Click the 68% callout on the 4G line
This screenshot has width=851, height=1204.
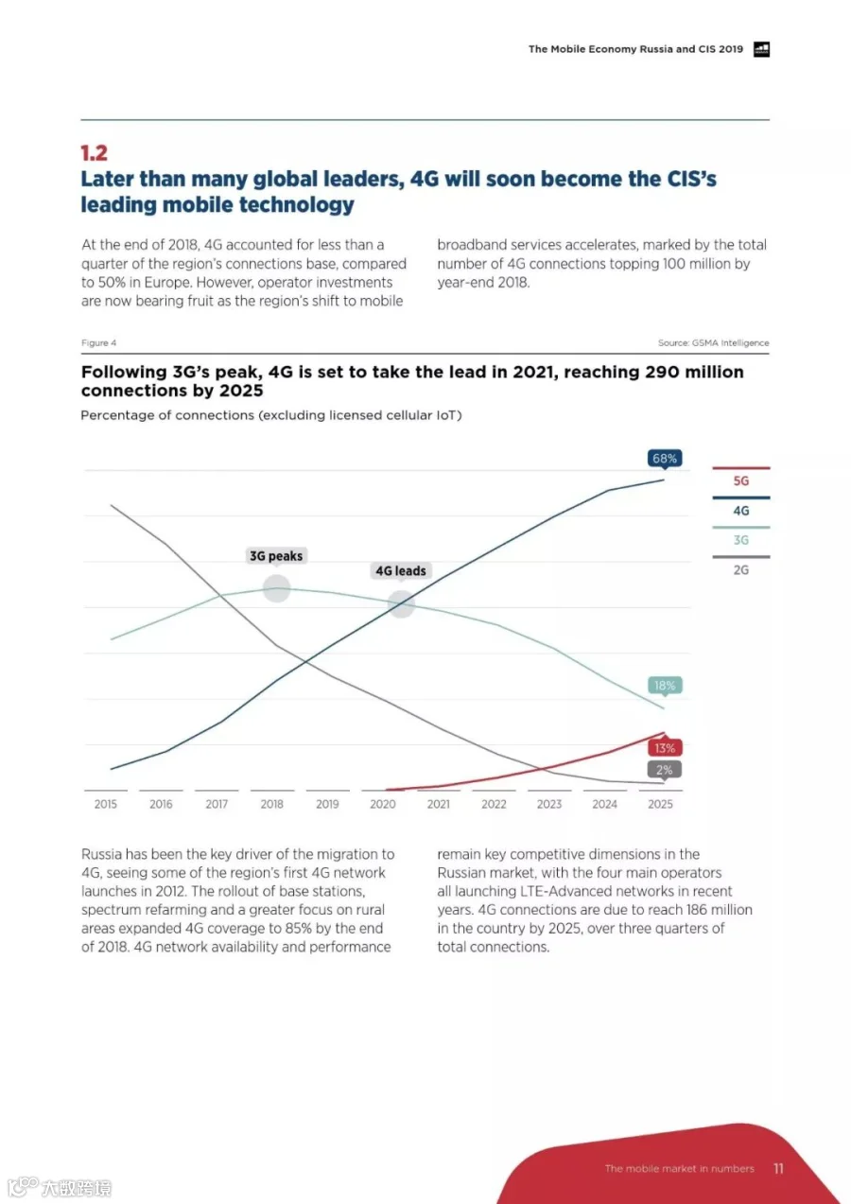pyautogui.click(x=665, y=459)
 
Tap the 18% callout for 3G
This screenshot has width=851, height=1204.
pyautogui.click(x=665, y=686)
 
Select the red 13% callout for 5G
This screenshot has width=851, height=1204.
pyautogui.click(x=665, y=748)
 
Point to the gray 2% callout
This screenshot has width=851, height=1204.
pyautogui.click(x=665, y=770)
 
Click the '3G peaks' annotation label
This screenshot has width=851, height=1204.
pyautogui.click(x=276, y=556)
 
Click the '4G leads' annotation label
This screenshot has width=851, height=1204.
pyautogui.click(x=401, y=571)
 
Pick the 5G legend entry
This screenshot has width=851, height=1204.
pyautogui.click(x=741, y=480)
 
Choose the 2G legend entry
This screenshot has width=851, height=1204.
pyautogui.click(x=741, y=569)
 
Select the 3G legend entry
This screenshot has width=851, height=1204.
pyautogui.click(x=741, y=540)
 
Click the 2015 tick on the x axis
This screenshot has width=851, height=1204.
pyautogui.click(x=105, y=804)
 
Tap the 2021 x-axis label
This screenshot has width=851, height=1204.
pyautogui.click(x=439, y=804)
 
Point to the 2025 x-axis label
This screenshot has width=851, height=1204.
pyautogui.click(x=660, y=804)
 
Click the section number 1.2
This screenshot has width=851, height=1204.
pyautogui.click(x=94, y=153)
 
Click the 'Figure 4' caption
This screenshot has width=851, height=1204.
pyautogui.click(x=99, y=343)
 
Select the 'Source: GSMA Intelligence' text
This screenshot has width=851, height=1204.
pyautogui.click(x=714, y=343)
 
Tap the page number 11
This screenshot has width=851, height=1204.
pyautogui.click(x=778, y=1168)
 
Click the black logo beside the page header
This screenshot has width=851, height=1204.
pyautogui.click(x=762, y=49)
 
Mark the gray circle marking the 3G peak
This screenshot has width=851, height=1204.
pyautogui.click(x=277, y=588)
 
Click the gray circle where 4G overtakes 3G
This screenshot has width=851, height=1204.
pyautogui.click(x=401, y=603)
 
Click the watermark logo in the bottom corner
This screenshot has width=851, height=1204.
pyautogui.click(x=59, y=1187)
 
